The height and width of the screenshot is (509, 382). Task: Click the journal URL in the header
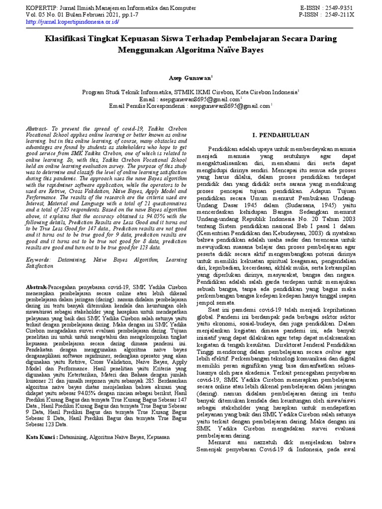tap(72, 22)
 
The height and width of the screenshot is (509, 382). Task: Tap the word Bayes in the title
tap(250, 50)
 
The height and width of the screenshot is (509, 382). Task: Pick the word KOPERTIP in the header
tap(42, 8)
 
